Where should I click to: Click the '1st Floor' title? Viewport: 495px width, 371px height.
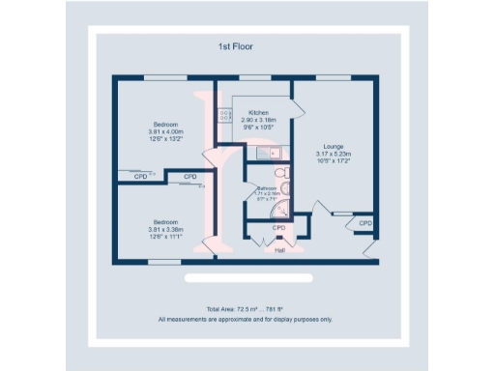coord(237,45)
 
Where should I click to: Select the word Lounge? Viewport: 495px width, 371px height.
coord(333,147)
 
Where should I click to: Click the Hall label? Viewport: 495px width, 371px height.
coord(279,250)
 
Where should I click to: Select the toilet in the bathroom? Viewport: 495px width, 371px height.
coord(280,174)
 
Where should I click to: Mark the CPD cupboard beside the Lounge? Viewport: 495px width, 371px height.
coord(364,223)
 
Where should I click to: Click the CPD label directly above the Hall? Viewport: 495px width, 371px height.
coord(279,228)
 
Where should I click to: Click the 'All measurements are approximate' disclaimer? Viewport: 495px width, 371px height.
coord(246,318)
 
